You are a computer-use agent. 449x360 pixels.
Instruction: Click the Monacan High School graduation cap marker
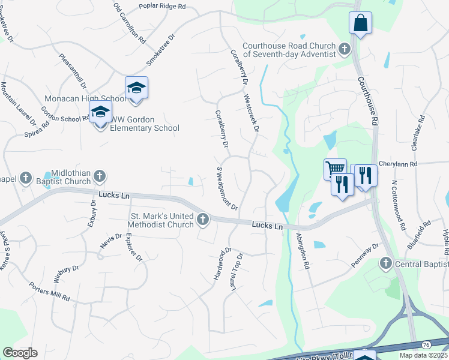[x=136, y=88]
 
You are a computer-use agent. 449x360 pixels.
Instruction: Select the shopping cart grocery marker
[x=335, y=169]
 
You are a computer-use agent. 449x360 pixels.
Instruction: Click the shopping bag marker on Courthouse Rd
[x=360, y=23]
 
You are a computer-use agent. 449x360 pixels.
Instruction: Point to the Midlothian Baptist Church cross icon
[x=100, y=176]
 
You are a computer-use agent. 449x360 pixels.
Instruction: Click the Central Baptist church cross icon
[x=385, y=263]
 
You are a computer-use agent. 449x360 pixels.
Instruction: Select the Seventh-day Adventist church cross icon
[x=345, y=49]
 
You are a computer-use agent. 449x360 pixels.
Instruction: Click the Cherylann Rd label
[x=415, y=163]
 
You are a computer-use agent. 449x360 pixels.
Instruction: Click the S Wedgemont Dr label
[x=228, y=188]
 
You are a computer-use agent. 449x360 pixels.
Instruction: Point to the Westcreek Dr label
[x=251, y=112]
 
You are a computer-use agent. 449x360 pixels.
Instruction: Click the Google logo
[x=19, y=353]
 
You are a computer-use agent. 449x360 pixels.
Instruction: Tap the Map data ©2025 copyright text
[x=423, y=355]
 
